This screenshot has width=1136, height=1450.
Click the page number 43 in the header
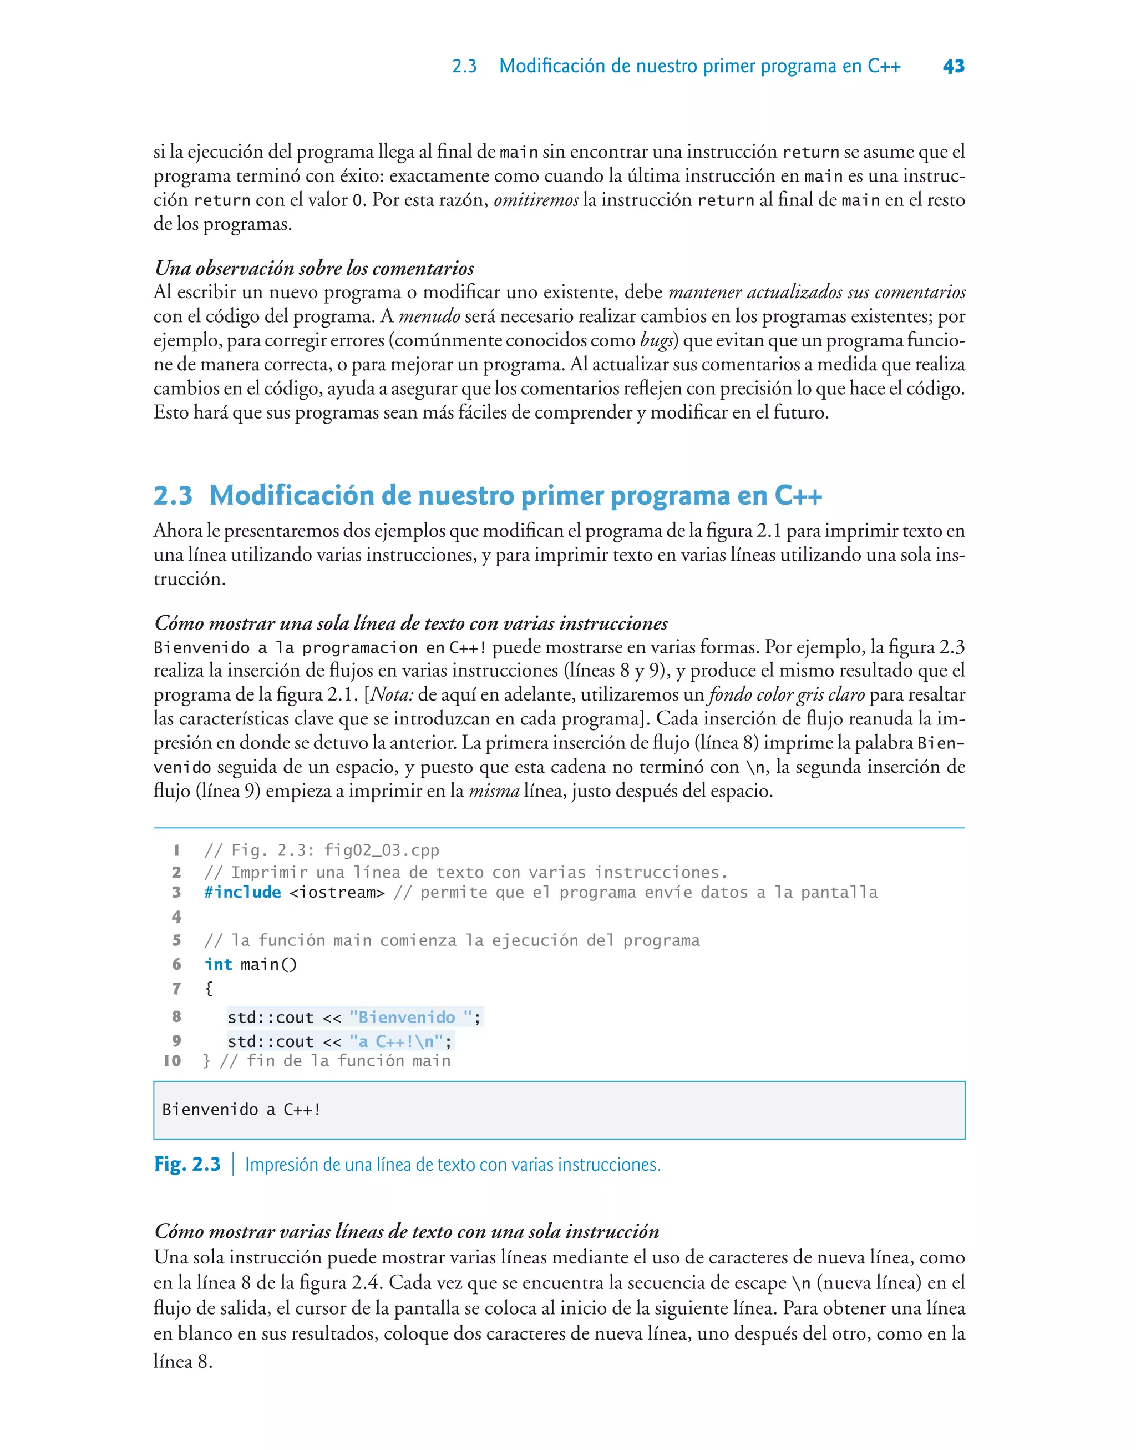pos(953,66)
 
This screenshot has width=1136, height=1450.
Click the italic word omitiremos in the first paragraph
pos(535,200)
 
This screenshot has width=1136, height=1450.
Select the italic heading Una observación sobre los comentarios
pos(314,268)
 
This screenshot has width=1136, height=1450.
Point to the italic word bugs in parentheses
pos(656,340)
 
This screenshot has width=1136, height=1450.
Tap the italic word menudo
pos(430,316)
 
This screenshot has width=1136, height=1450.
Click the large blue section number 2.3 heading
pos(173,496)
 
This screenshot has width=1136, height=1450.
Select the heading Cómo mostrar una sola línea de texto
pos(410,623)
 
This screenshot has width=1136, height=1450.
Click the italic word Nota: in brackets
pos(392,694)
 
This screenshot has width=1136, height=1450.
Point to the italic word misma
pos(494,791)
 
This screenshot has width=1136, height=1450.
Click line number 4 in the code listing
pos(176,917)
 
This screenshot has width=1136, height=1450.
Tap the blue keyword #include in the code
pos(243,892)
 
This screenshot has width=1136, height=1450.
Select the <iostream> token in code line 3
pos(337,892)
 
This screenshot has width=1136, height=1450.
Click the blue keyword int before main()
pos(218,964)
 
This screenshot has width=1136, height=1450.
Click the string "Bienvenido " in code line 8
pos(410,1018)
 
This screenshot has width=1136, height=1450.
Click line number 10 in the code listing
pos(173,1061)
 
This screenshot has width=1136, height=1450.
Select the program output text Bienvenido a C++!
pos(241,1109)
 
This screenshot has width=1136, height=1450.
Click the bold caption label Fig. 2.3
pos(187,1165)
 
